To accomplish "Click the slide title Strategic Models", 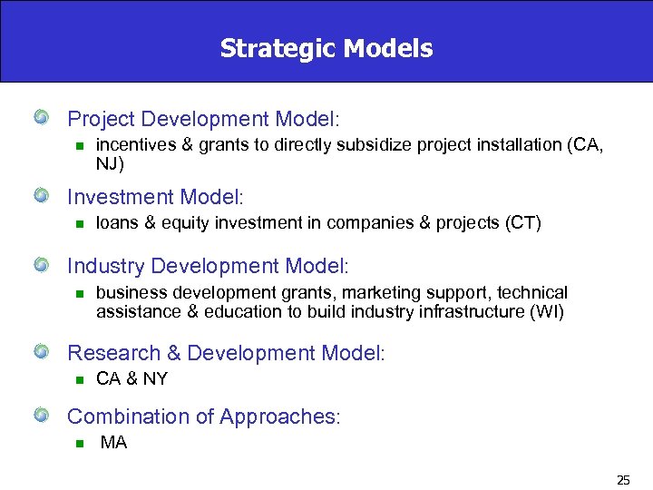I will [326, 48].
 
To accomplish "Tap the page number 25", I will [623, 479].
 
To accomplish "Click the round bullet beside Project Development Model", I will [41, 118].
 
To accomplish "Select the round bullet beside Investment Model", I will [41, 196].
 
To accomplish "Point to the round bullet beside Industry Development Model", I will [41, 266].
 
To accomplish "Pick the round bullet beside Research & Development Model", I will [41, 353].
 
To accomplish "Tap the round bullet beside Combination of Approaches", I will [41, 416].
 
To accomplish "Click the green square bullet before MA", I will [79, 444].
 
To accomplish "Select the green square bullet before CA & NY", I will [79, 380].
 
